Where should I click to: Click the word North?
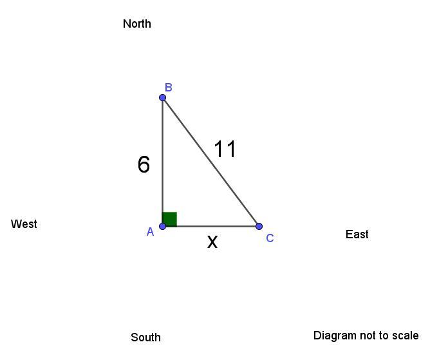click(136, 24)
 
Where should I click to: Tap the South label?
click(145, 337)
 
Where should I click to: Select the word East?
click(357, 234)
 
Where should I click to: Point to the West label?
click(24, 224)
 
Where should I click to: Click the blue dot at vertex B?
click(163, 98)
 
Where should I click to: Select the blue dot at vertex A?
click(163, 226)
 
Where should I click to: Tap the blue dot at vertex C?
click(259, 226)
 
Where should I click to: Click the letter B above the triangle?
click(168, 88)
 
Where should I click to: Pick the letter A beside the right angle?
click(150, 232)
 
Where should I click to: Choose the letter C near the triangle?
click(270, 238)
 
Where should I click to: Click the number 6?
click(144, 165)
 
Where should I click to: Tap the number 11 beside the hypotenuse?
click(225, 149)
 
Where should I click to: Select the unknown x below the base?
click(212, 242)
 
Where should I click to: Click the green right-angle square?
click(170, 219)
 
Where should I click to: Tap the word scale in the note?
click(404, 336)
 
